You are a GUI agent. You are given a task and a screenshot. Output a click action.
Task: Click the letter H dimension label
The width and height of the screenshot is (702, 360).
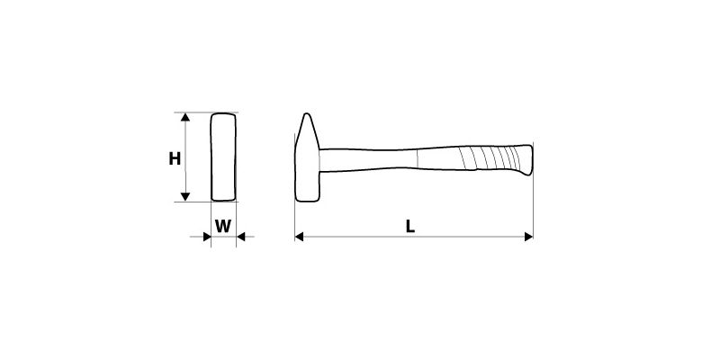tap(175, 158)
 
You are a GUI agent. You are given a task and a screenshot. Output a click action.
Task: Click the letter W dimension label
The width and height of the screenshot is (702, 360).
tap(223, 227)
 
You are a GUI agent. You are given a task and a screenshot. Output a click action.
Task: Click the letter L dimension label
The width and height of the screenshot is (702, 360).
tap(410, 227)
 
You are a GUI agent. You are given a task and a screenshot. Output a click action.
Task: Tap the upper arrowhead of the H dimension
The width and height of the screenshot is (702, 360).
tap(185, 117)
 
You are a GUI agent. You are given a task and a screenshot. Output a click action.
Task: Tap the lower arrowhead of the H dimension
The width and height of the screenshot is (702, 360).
tap(185, 196)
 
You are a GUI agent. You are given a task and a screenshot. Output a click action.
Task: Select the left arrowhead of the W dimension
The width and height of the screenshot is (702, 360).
tap(207, 237)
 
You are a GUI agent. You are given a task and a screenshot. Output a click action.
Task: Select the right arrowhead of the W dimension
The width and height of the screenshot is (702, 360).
tap(241, 237)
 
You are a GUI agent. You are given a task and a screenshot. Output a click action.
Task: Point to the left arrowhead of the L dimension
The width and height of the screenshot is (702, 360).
tap(299, 237)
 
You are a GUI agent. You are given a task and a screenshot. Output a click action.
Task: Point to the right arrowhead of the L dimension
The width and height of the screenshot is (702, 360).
tap(528, 237)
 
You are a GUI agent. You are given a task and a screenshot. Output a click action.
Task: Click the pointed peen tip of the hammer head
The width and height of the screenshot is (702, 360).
tap(307, 114)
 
